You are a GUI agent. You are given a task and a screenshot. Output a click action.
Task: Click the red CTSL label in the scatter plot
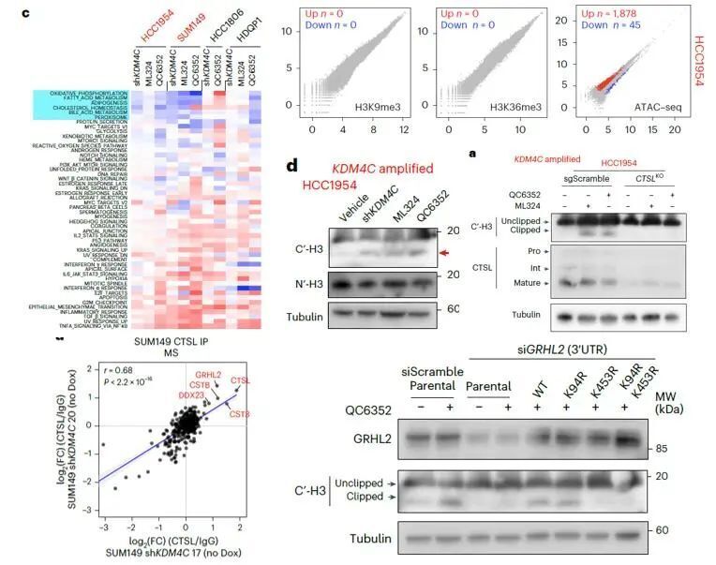click(x=240, y=381)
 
